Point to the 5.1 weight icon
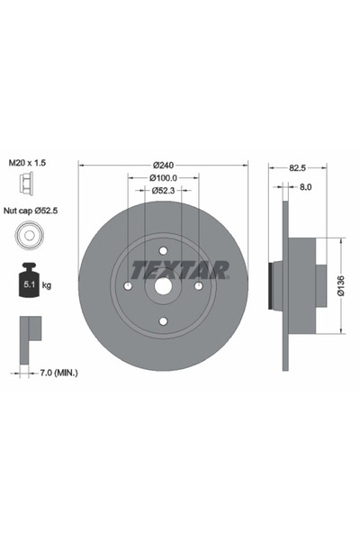point(28,284)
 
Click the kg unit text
point(47,285)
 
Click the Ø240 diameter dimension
point(163,165)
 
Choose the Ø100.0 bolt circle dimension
point(163,178)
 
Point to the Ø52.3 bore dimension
point(163,191)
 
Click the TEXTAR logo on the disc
point(180,269)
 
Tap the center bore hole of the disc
point(163,286)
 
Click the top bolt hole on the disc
point(163,251)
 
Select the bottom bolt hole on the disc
point(163,320)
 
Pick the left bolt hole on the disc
point(128,286)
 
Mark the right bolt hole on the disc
point(198,286)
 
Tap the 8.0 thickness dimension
point(305,187)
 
